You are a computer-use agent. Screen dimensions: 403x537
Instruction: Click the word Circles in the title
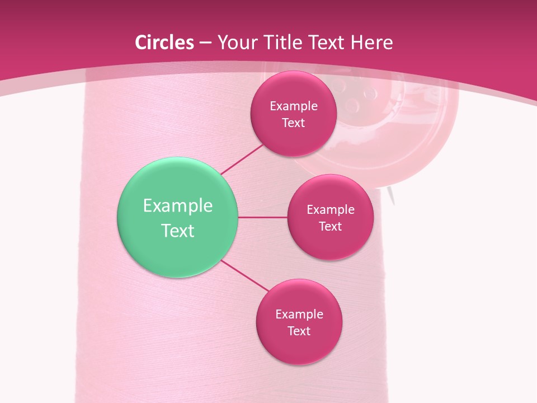coord(164,43)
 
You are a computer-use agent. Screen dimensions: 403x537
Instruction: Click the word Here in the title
coord(371,43)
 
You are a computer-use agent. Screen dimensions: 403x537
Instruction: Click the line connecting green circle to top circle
coord(242,160)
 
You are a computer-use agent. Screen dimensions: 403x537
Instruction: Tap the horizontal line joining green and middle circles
coord(262,217)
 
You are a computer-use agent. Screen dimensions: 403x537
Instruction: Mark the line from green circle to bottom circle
coord(244,275)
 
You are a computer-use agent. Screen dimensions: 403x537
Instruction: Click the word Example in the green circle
coord(178,206)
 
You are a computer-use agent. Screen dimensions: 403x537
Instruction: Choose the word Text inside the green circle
coord(178,231)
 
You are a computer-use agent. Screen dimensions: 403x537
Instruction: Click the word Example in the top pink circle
coord(294,106)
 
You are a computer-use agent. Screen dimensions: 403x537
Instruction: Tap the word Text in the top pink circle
coord(294,123)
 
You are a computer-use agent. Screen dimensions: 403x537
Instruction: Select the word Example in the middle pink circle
coord(331,209)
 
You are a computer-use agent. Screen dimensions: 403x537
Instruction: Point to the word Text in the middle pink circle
coord(331,226)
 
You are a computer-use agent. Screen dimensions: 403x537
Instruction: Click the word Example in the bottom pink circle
coord(299,314)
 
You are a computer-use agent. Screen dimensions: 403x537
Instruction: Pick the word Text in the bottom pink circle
coord(299,331)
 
